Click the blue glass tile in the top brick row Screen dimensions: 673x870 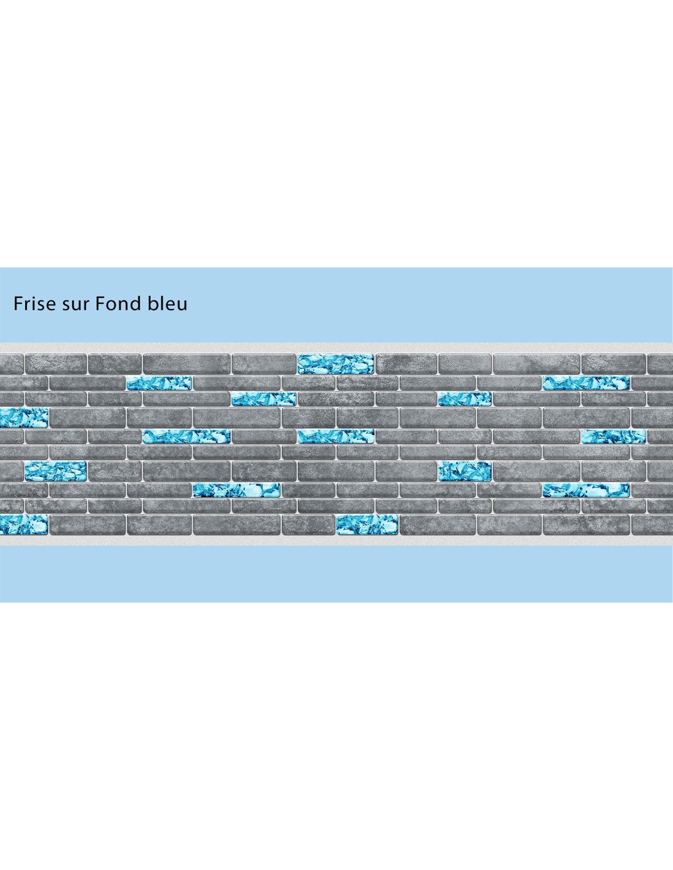[335, 364]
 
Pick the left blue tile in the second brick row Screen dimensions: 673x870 [159, 383]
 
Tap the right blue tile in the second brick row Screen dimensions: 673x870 [586, 383]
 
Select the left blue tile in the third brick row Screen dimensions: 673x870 [264, 399]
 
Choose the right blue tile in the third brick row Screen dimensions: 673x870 [465, 399]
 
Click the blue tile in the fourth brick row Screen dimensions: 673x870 [24, 418]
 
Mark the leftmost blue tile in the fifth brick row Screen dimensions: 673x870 [187, 436]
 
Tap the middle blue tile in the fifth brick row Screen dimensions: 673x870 [336, 436]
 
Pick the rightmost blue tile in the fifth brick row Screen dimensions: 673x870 [613, 436]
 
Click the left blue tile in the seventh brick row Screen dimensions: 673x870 [56, 471]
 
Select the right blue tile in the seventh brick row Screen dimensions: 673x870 [465, 471]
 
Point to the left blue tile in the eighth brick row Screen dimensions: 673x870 [237, 490]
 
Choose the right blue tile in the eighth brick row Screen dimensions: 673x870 [586, 490]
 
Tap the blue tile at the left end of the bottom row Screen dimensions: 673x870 [24, 524]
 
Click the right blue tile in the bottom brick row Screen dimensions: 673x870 [367, 524]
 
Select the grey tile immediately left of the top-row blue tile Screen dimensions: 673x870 [264, 364]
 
